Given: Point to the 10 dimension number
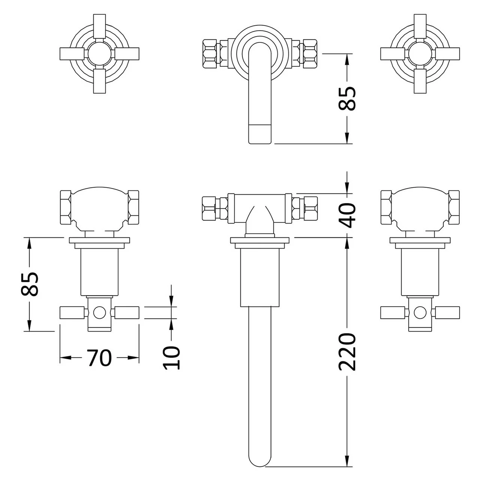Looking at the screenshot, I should (172, 357).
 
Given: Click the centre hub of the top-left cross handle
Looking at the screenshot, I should (99, 54).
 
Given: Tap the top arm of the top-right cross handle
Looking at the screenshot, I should (420, 26).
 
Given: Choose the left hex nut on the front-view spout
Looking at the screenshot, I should (210, 53).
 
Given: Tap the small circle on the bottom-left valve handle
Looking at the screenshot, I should (99, 312).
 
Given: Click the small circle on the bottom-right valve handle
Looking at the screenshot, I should (420, 312).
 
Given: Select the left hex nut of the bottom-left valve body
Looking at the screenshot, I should (66, 207).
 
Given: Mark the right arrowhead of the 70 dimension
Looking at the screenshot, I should (133, 357).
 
